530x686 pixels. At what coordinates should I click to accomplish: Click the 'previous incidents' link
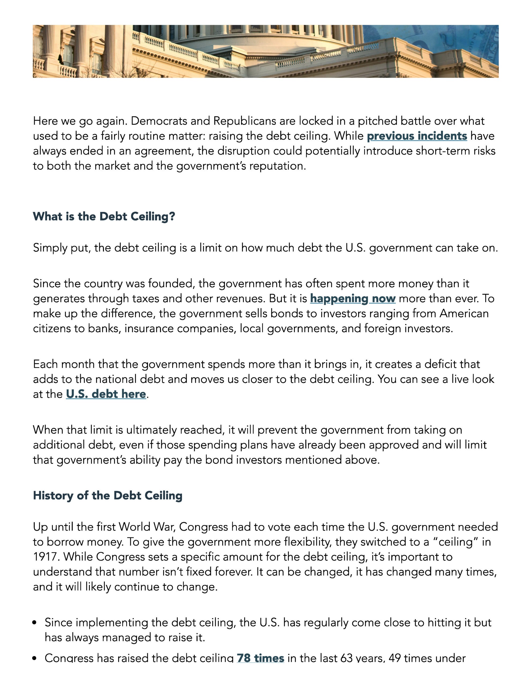click(417, 136)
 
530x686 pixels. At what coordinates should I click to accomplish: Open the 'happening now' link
click(353, 299)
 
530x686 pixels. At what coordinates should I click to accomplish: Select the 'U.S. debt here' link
click(106, 394)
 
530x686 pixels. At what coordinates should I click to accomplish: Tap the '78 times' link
click(260, 658)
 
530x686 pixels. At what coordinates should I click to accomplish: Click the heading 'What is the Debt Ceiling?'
click(104, 217)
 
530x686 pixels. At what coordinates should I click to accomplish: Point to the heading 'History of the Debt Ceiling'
click(108, 495)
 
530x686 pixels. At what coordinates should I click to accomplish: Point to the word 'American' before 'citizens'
click(464, 314)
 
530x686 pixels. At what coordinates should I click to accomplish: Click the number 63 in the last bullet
click(346, 658)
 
